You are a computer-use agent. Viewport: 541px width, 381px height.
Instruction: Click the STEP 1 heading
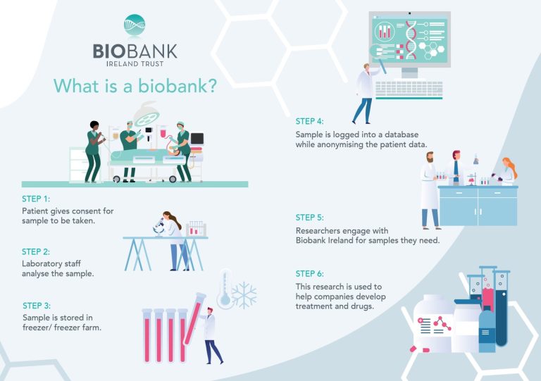pyautogui.click(x=36, y=199)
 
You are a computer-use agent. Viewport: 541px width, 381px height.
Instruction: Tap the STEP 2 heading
pyautogui.click(x=36, y=251)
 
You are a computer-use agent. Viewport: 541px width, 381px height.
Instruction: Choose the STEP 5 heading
pyautogui.click(x=310, y=218)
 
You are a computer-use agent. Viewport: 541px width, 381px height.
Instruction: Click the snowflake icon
pyautogui.click(x=244, y=295)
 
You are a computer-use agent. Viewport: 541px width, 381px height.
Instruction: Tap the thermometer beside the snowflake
pyautogui.click(x=224, y=289)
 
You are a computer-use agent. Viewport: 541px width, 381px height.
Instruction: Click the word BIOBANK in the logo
pyautogui.click(x=135, y=51)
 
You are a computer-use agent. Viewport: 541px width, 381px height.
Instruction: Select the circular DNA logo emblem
pyautogui.click(x=135, y=25)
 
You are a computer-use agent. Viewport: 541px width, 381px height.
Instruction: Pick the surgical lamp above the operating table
pyautogui.click(x=147, y=117)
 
